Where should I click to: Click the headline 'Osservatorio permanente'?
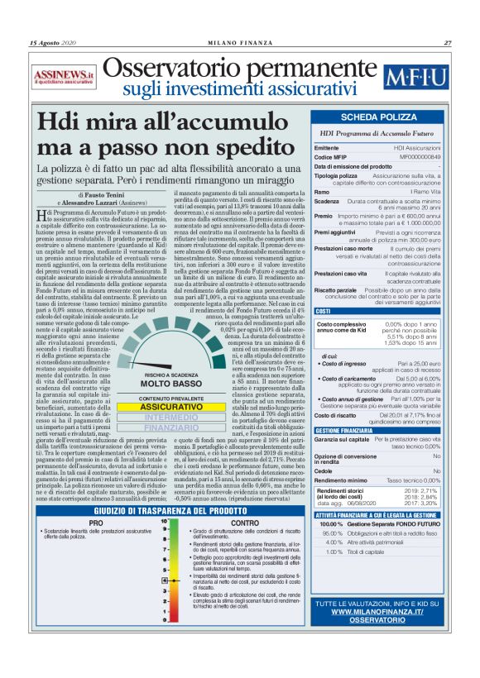tap(240, 69)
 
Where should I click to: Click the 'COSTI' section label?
tap(324, 311)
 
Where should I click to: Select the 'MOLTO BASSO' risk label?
tap(161, 384)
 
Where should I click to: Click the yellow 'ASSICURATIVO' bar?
tap(161, 407)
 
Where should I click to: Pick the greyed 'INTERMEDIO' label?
tap(161, 418)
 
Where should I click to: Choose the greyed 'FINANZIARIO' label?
tap(161, 428)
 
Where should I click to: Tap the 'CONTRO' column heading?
tap(245, 523)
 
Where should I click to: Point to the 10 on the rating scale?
tap(166, 523)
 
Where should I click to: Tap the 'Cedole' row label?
tap(325, 469)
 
